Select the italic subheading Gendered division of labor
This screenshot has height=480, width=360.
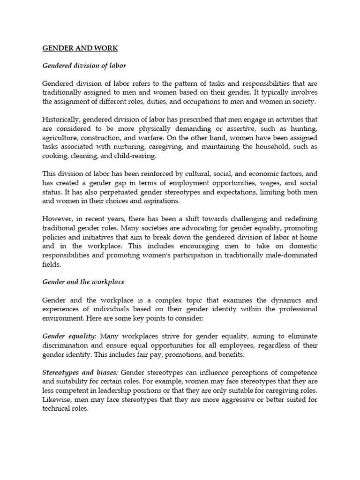[84, 66]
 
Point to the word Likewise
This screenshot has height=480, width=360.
[57, 400]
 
